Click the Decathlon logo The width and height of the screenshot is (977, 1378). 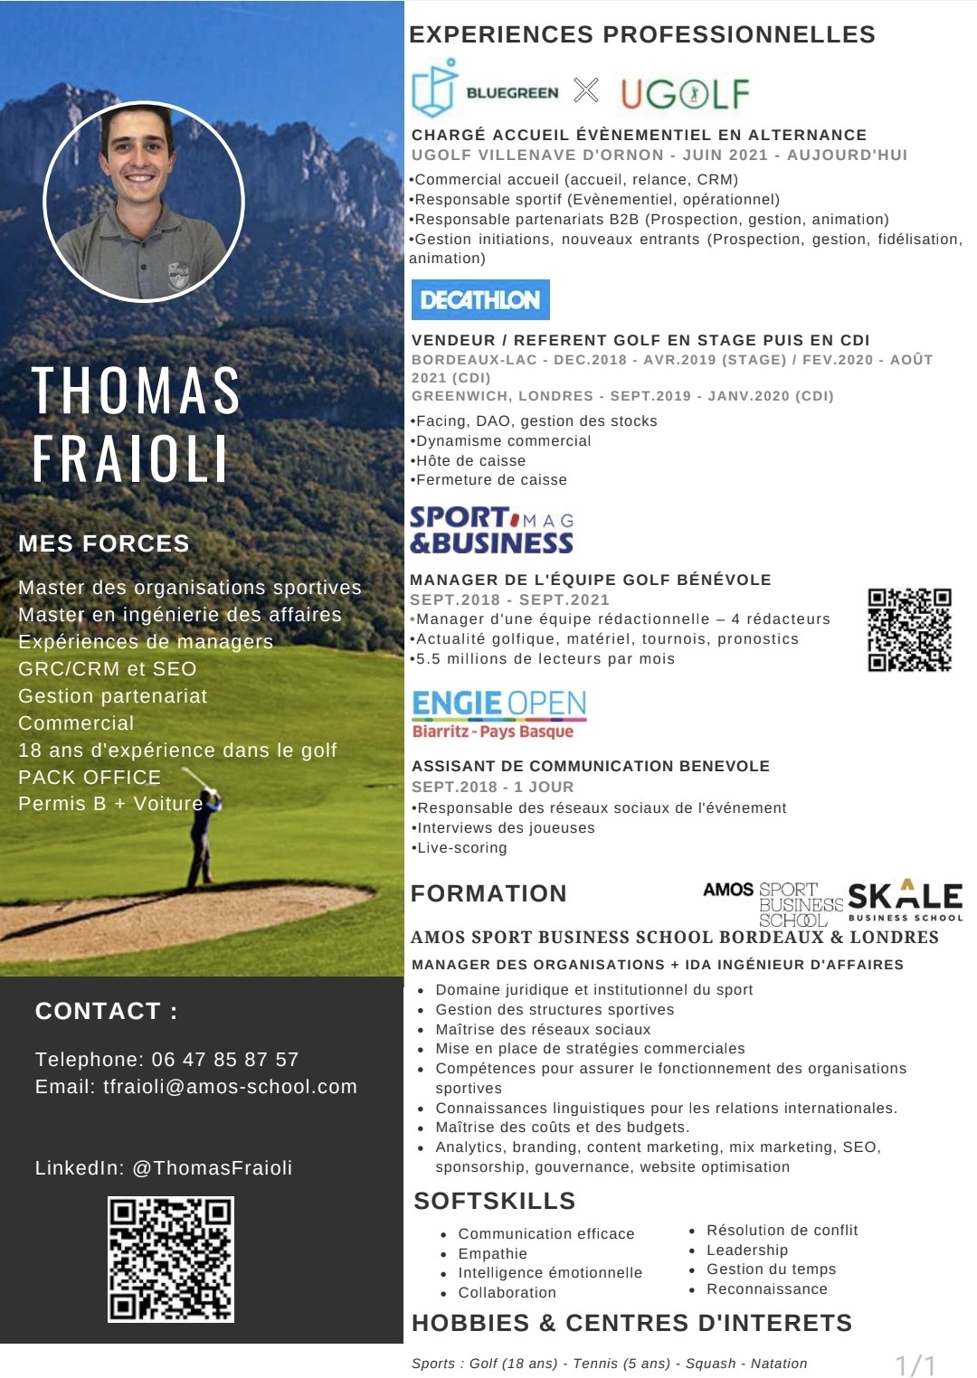tap(480, 300)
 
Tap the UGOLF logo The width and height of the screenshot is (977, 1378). tap(685, 94)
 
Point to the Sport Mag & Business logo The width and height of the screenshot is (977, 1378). tap(491, 530)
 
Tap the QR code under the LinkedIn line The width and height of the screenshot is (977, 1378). tap(171, 1259)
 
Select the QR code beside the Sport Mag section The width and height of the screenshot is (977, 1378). tap(909, 630)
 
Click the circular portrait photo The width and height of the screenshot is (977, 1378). tap(144, 201)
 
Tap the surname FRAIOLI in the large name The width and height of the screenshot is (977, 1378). tap(130, 459)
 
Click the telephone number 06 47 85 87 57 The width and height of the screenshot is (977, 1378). tap(224, 1060)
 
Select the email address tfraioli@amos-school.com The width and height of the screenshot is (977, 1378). tap(230, 1087)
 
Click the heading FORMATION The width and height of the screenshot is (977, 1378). tap(488, 893)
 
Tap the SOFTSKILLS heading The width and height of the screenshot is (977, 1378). tap(495, 1201)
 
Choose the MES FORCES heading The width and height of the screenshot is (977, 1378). tap(104, 543)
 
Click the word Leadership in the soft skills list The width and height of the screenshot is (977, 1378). tap(747, 1250)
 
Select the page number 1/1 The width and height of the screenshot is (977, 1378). tap(915, 1364)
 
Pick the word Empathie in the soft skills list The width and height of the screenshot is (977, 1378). tap(493, 1253)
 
